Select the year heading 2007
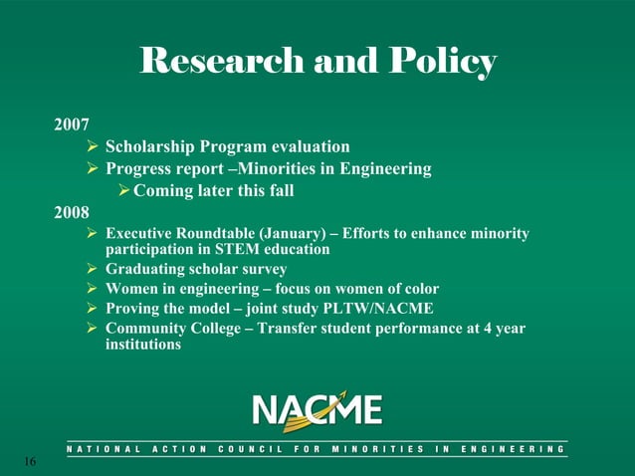click(72, 126)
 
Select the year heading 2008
click(72, 211)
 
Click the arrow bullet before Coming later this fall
click(123, 190)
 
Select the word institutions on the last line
click(143, 345)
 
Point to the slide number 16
click(28, 462)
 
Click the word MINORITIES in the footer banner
click(364, 450)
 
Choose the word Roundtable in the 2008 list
click(219, 234)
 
